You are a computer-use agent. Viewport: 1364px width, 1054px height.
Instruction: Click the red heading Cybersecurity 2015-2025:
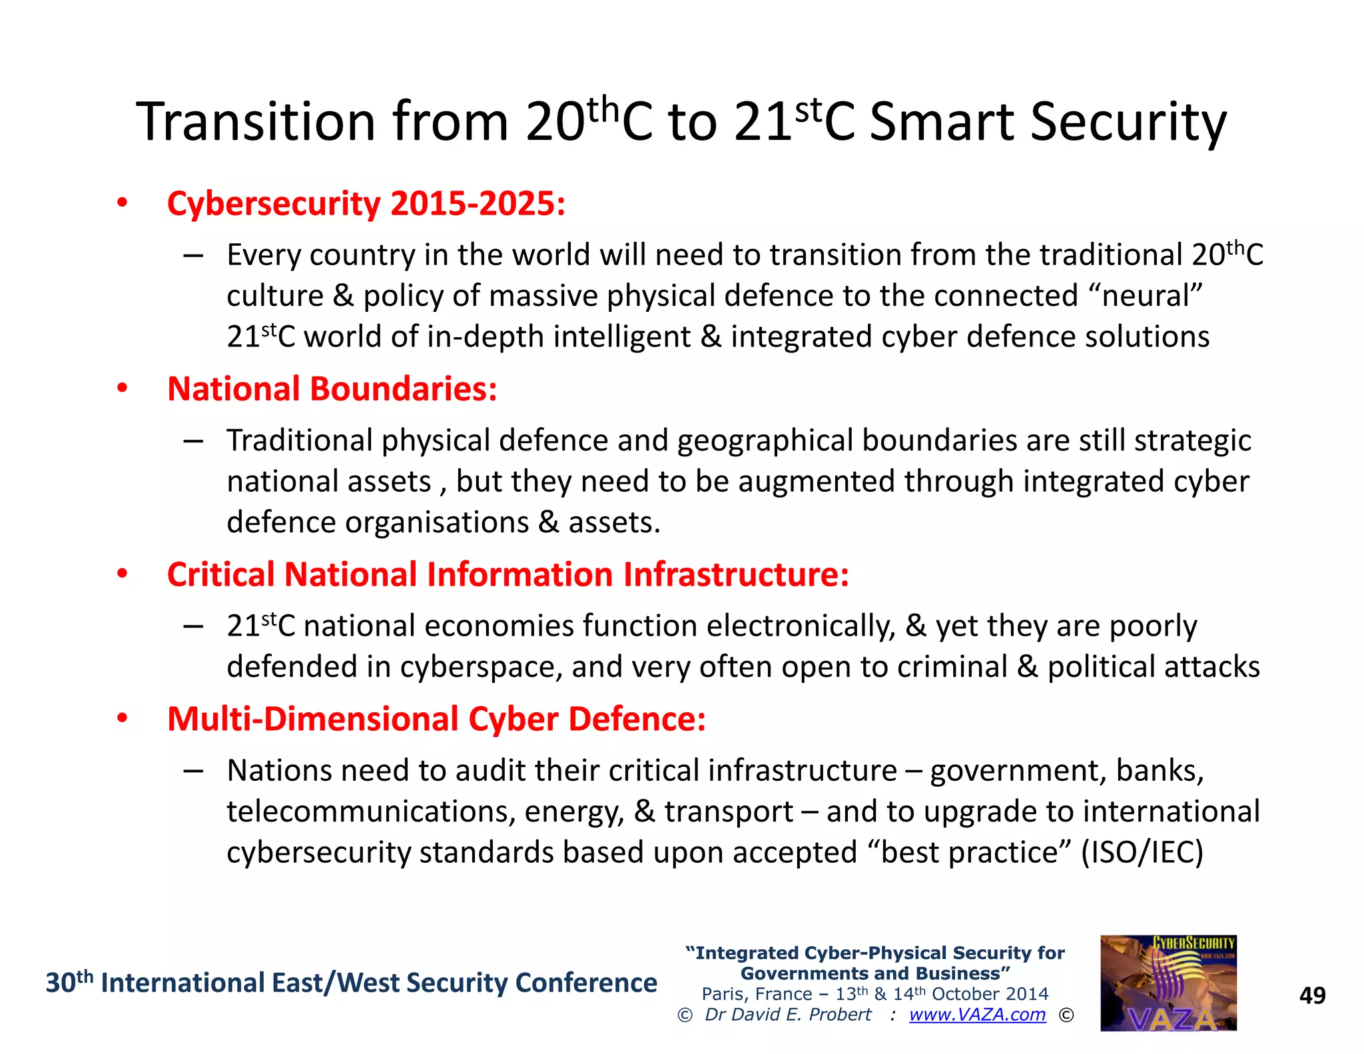(x=366, y=203)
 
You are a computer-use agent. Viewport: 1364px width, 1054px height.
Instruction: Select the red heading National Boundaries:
(x=332, y=389)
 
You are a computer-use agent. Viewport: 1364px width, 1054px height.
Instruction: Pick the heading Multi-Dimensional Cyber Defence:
(x=436, y=720)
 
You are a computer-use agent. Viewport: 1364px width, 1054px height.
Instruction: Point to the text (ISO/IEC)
(x=1142, y=853)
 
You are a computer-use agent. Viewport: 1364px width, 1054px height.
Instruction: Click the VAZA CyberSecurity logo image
(x=1168, y=983)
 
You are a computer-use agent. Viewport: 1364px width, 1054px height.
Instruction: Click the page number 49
(x=1312, y=995)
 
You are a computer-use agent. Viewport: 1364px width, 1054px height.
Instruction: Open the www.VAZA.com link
(x=977, y=1015)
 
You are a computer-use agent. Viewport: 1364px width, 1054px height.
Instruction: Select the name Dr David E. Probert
(x=788, y=1015)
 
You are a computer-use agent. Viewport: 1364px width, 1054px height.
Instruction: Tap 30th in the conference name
(x=69, y=983)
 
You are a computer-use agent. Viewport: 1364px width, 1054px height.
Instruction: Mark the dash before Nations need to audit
(x=193, y=772)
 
